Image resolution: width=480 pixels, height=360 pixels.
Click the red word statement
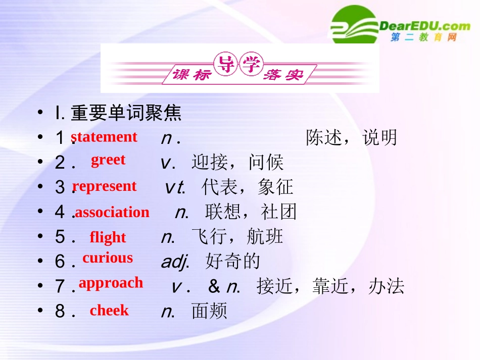104,137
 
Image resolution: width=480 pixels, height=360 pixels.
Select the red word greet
108,160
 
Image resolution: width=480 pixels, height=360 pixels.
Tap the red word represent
105,186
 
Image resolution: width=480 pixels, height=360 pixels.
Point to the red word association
112,212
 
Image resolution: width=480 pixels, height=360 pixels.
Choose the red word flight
108,237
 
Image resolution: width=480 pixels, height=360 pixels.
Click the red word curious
108,258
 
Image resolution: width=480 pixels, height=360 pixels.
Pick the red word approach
111,283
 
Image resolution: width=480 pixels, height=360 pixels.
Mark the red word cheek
109,310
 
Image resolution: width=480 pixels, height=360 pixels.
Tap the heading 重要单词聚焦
126,113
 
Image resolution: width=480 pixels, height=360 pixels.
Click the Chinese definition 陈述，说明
352,137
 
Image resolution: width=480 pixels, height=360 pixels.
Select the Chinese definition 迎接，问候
237,162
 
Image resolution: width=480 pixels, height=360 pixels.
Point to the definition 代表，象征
248,187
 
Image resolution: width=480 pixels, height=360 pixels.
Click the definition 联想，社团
251,212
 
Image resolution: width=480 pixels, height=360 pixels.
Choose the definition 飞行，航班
237,236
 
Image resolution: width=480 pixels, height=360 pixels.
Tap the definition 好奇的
233,261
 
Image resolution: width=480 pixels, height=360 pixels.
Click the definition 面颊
210,311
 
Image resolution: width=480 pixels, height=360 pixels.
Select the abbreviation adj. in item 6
174,262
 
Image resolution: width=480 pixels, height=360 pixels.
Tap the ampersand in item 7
214,286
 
